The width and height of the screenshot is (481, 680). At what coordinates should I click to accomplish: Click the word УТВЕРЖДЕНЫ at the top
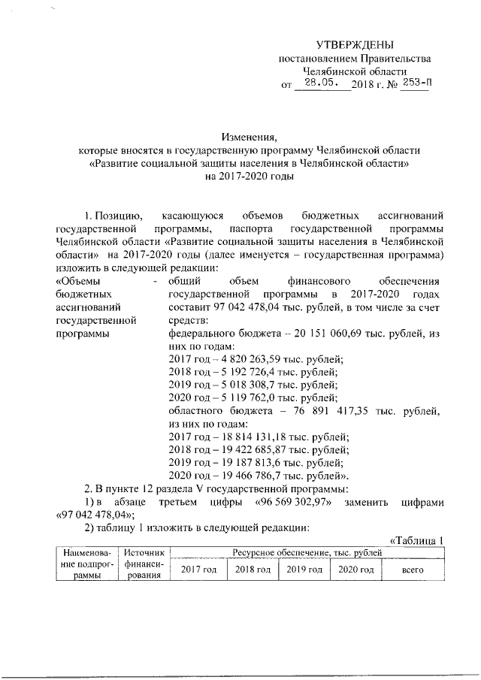[354, 45]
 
